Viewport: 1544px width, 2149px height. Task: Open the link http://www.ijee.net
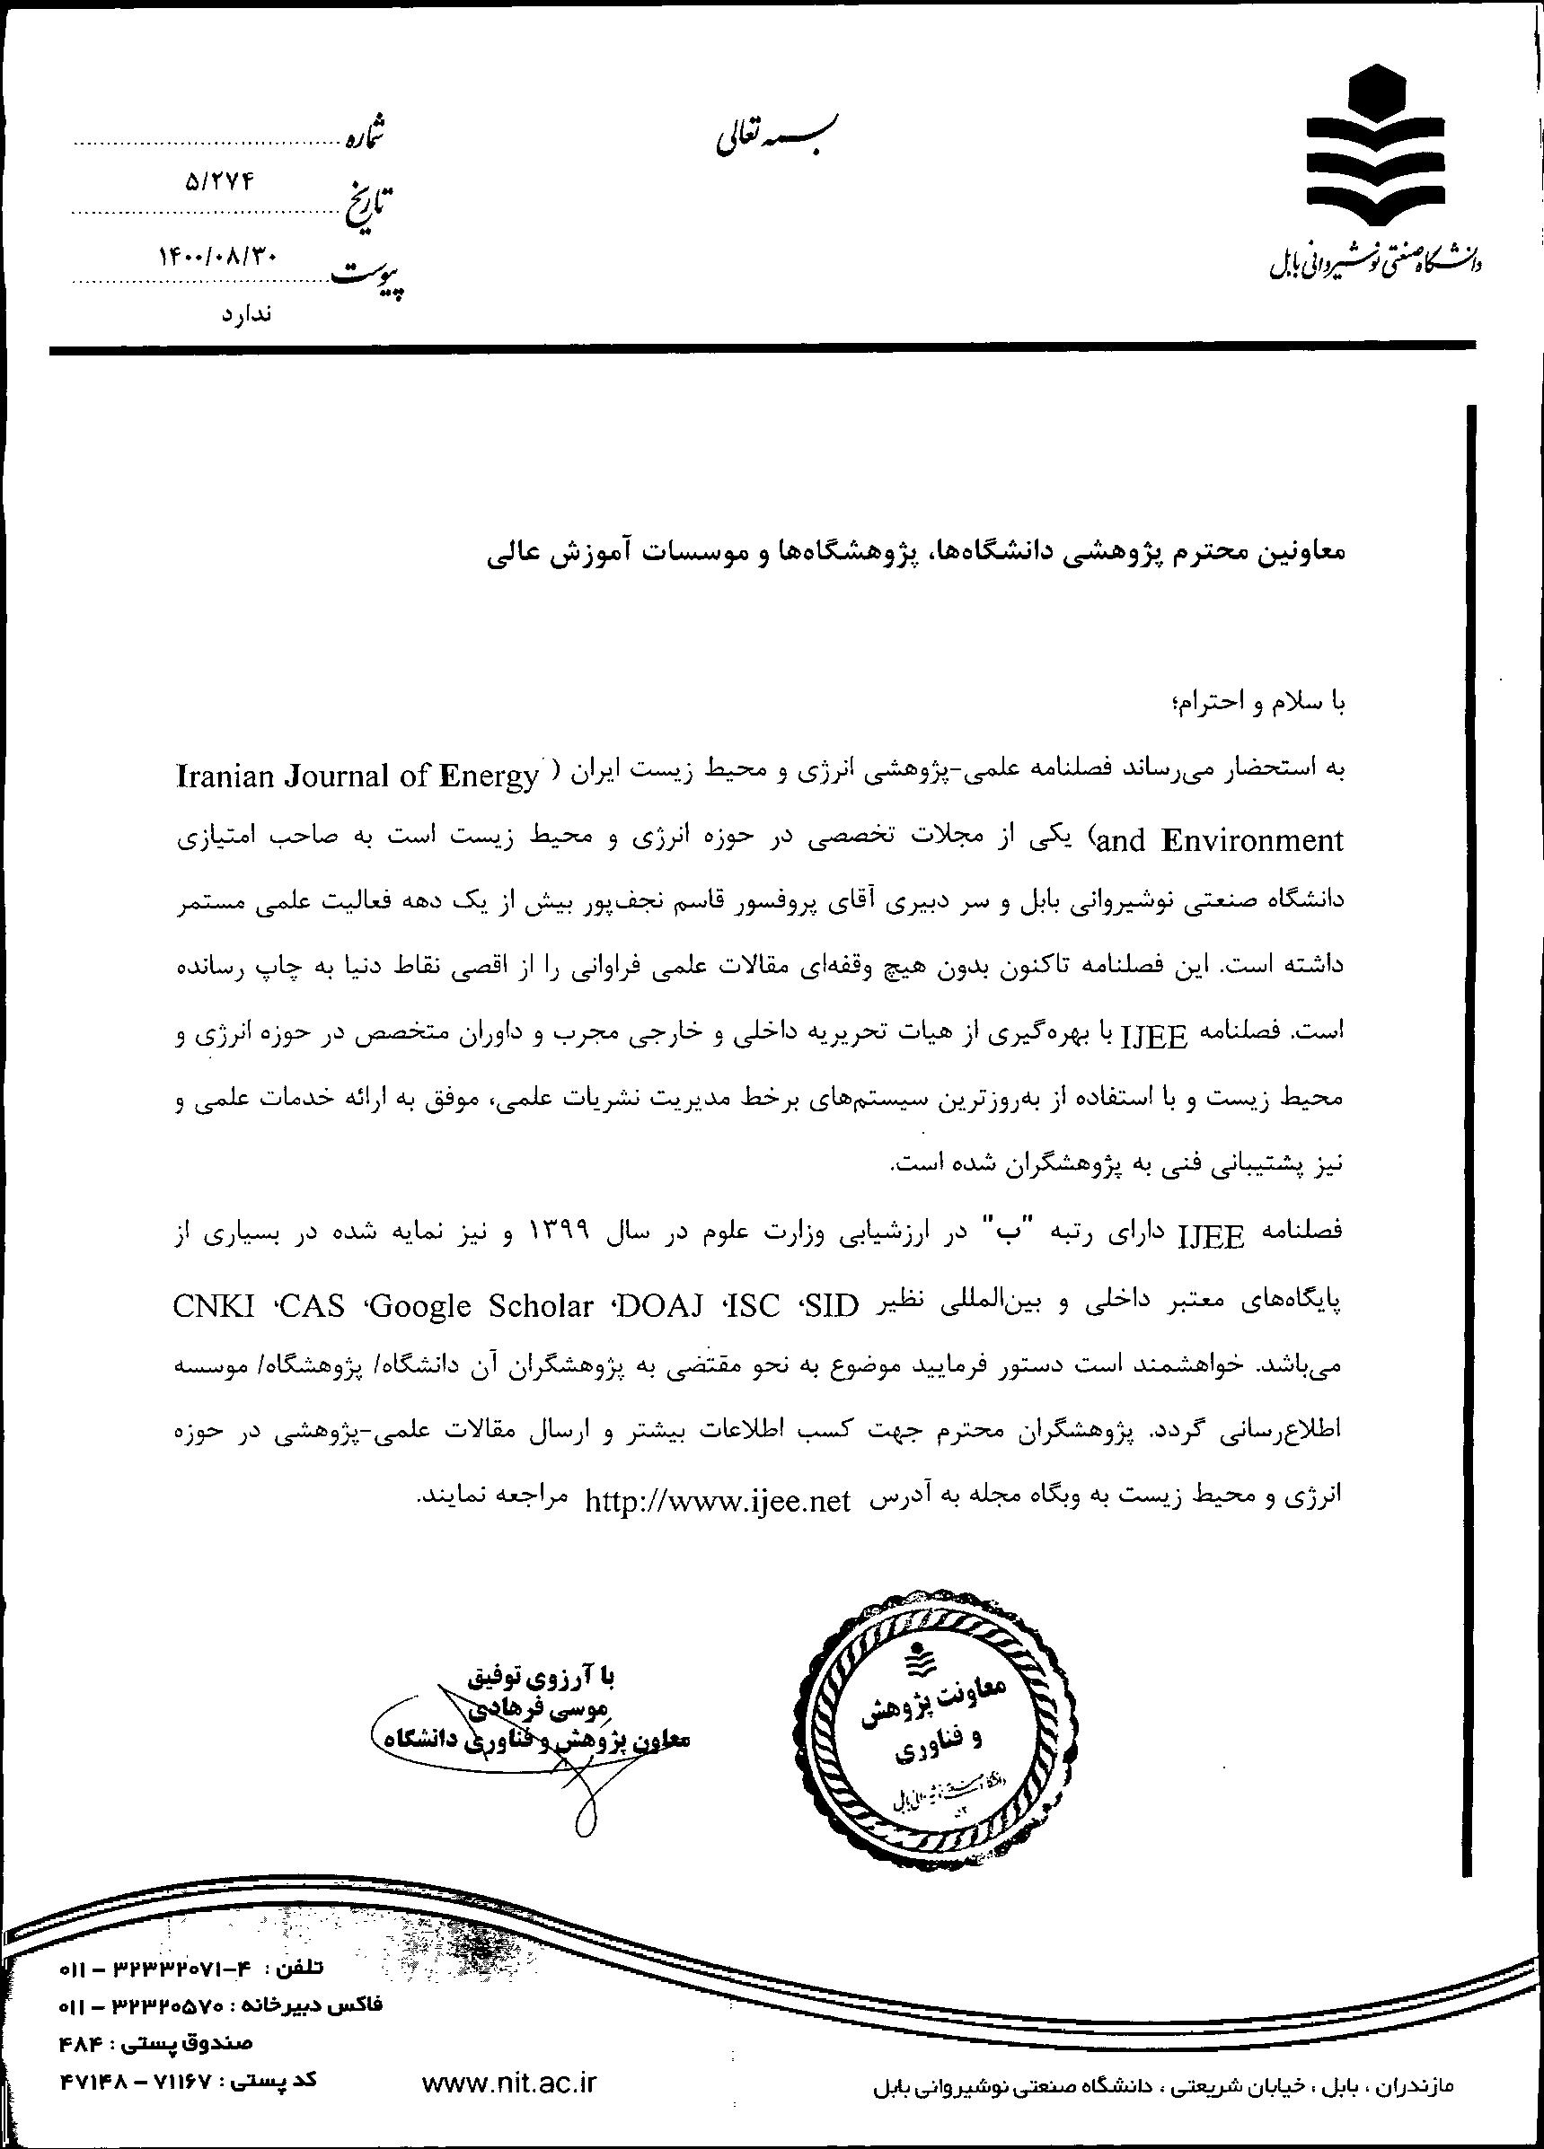(718, 1502)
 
